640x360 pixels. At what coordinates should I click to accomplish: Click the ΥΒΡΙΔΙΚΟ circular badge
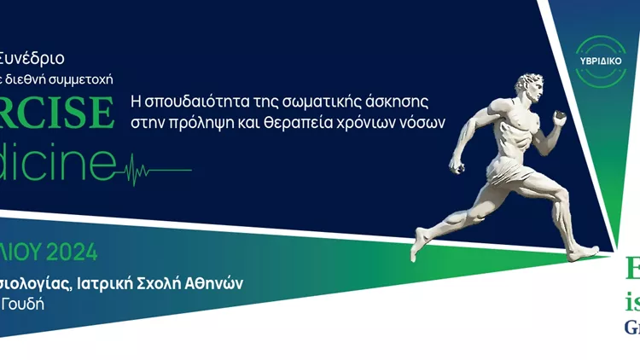(601, 61)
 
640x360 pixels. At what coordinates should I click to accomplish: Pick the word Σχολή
(169, 283)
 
